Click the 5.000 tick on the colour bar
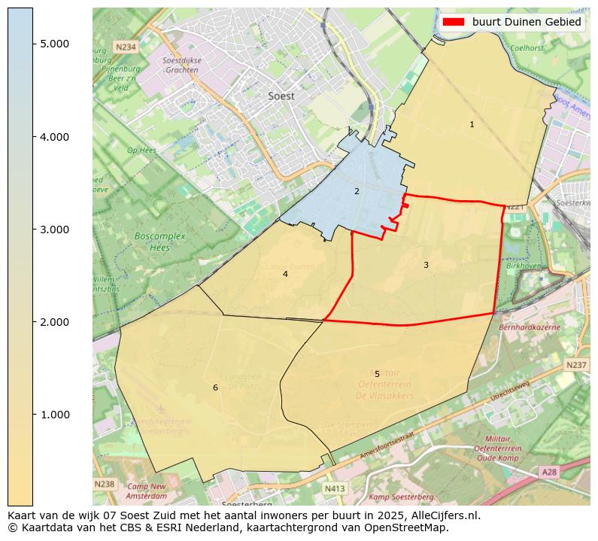point(55,44)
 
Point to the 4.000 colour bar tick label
point(55,137)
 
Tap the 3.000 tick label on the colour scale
point(55,229)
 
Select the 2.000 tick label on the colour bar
point(55,322)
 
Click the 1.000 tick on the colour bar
point(55,415)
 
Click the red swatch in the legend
point(454,22)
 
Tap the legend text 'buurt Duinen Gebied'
point(527,22)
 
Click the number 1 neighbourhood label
point(472,125)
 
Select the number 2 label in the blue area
point(357,191)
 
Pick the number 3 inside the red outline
point(426,265)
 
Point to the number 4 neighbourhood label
point(285,274)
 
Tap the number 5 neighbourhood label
point(377,374)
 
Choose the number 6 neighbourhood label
point(215,388)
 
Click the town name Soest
point(281,96)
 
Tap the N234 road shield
point(126,47)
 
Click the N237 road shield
point(576,365)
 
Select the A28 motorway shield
point(551,472)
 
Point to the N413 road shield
point(334,488)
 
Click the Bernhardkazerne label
point(530,328)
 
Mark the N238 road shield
point(105,484)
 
